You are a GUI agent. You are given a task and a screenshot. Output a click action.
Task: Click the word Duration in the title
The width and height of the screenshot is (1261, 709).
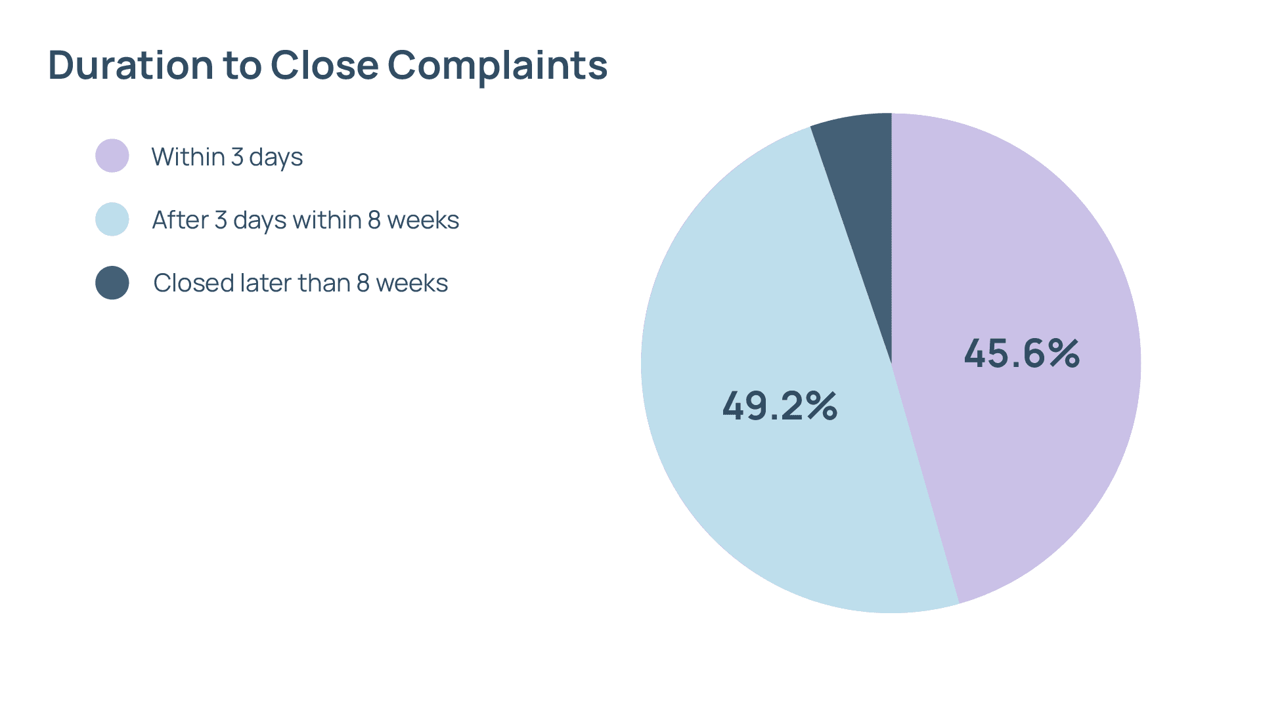(131, 65)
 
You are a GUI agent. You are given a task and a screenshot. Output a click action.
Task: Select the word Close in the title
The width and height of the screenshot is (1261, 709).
(324, 65)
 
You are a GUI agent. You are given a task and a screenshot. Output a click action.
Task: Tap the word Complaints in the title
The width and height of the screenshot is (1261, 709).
(497, 66)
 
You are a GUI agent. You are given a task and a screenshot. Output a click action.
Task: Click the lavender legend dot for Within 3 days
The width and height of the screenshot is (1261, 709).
(112, 156)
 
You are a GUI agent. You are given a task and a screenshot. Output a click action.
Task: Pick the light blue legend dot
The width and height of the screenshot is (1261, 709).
(112, 219)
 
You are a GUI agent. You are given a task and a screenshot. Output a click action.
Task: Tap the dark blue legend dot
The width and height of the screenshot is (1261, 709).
(112, 283)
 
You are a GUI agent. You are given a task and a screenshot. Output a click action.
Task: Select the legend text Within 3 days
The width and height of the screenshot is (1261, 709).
(227, 157)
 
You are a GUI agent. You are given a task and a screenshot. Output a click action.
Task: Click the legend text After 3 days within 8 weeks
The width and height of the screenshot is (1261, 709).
(305, 220)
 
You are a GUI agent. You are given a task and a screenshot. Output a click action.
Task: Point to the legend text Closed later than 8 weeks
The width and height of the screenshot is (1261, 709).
(300, 283)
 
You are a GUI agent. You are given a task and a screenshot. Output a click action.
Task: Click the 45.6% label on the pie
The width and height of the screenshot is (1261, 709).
(1021, 353)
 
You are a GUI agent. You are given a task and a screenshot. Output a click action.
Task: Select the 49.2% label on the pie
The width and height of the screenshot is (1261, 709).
(780, 406)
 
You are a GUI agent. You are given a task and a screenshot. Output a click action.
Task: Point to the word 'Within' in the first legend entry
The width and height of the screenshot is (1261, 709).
(188, 157)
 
